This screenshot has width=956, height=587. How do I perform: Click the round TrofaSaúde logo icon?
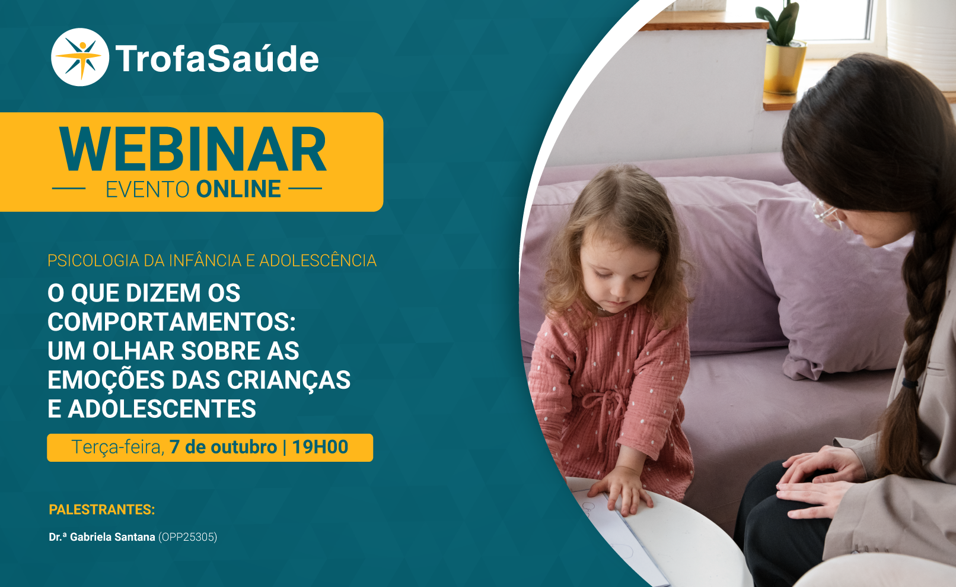pos(80,57)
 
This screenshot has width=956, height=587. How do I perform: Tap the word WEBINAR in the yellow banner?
pos(193,150)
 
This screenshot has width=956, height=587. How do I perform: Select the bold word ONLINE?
pos(238,189)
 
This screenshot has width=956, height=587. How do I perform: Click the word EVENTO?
pos(148,189)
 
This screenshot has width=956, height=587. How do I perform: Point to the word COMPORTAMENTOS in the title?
pos(171,322)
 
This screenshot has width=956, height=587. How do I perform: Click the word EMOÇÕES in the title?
pos(106,379)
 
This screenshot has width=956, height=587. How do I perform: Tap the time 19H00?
pos(320,447)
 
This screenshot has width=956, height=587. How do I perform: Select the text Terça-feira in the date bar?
pos(118,448)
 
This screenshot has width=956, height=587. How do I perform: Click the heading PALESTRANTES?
pos(101,510)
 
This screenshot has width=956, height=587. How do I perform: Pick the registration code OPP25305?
pos(188,537)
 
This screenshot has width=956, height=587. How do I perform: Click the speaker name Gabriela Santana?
pos(112,537)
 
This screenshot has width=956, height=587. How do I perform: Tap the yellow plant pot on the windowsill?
pos(785,68)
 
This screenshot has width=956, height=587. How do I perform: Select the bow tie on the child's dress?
pos(603,406)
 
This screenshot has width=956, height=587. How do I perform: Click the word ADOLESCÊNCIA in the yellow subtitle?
pos(318,261)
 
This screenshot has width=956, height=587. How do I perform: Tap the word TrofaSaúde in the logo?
pos(217,59)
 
